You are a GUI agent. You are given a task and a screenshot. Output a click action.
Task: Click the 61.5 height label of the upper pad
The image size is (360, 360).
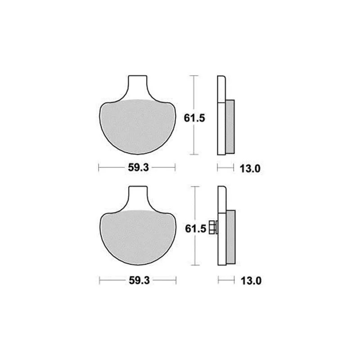[x=194, y=118]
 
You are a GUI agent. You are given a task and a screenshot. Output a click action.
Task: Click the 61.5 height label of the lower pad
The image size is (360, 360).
[x=195, y=229]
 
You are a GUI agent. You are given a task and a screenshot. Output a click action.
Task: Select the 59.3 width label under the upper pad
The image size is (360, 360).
[x=138, y=167]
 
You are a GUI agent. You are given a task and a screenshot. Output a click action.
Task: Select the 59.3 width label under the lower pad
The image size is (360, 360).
[x=139, y=280]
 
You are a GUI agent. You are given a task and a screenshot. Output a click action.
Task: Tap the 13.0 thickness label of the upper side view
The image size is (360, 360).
[x=250, y=169]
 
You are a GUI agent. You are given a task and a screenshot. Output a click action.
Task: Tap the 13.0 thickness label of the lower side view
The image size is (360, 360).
[x=251, y=281]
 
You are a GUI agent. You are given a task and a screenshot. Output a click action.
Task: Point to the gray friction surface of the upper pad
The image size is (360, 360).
[x=138, y=126]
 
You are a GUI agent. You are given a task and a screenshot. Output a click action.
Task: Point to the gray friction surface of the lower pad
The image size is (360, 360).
[x=138, y=237]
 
